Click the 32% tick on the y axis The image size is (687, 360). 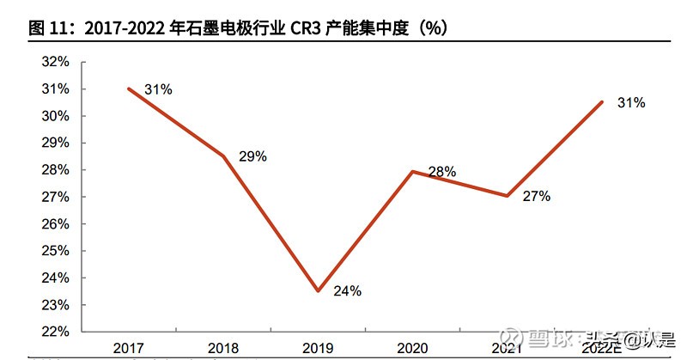(54, 62)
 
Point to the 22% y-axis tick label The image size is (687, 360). (54, 332)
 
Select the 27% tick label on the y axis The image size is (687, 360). (54, 197)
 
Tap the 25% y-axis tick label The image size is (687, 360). (54, 251)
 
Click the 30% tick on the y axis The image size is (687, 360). (54, 116)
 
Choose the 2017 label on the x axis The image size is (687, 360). (129, 348)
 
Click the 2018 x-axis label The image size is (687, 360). (223, 348)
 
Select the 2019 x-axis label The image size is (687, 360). (317, 348)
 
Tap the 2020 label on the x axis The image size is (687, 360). (411, 348)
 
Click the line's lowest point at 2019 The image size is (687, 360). (318, 291)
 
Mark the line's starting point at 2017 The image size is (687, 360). (129, 88)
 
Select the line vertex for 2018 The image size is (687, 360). (223, 156)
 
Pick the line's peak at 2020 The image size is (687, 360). (412, 171)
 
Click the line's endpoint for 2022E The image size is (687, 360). (601, 102)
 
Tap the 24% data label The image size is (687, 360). (347, 290)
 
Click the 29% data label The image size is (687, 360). (252, 156)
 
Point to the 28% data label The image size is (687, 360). (441, 171)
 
